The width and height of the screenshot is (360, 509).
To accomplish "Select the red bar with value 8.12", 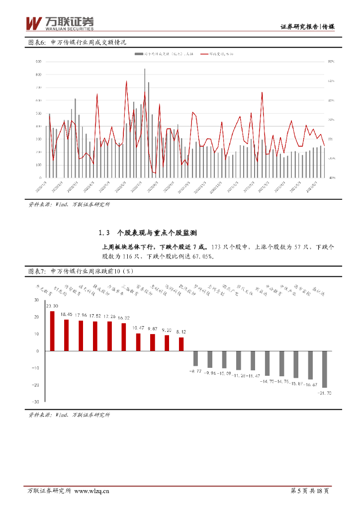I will [x=181, y=344].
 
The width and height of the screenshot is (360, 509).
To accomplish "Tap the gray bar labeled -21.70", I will [x=325, y=369].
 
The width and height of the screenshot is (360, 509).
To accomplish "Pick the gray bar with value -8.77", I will [x=195, y=358].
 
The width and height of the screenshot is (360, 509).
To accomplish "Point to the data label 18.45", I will [x=66, y=315].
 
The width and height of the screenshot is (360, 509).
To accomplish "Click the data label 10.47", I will [x=138, y=328].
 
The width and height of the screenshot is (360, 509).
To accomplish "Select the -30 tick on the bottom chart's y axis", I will [x=35, y=402].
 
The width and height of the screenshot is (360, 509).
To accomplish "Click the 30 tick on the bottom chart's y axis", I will [x=36, y=300].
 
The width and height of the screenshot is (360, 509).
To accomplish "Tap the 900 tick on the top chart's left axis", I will [x=38, y=62].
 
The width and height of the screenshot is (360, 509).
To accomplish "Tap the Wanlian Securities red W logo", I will [x=34, y=23].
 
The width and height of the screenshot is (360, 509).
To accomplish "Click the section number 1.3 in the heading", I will [x=104, y=233].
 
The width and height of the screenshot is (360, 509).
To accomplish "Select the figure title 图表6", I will [x=36, y=43].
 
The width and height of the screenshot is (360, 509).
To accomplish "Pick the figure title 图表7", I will [x=36, y=271].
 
